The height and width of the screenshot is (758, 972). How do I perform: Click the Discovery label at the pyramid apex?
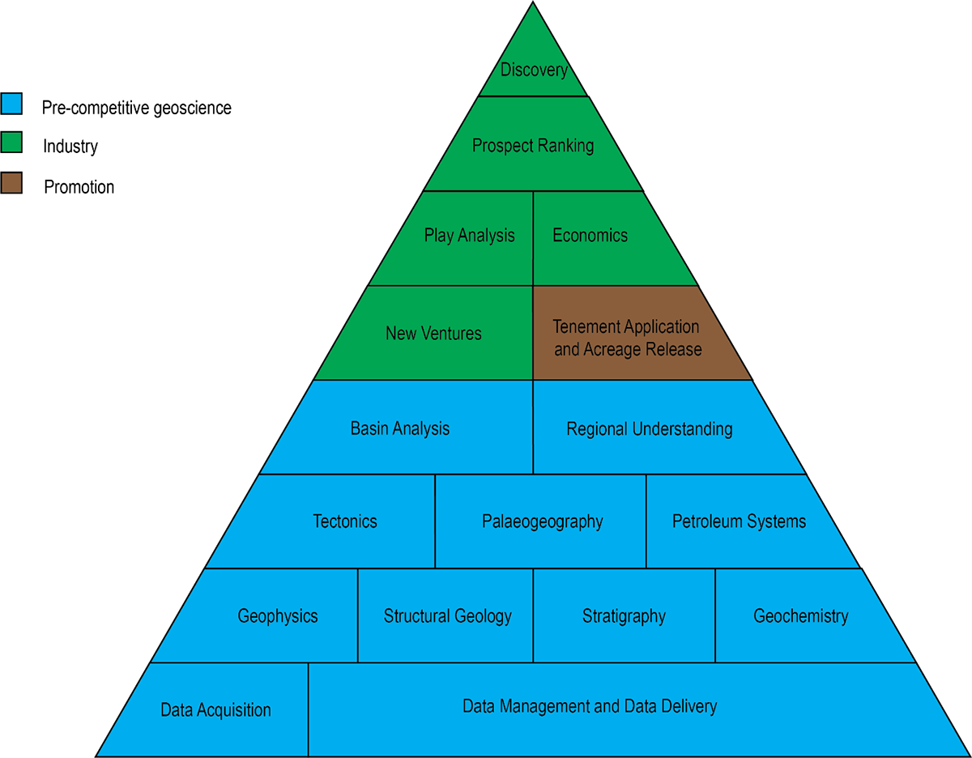(x=534, y=70)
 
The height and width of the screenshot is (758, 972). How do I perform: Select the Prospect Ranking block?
(x=533, y=146)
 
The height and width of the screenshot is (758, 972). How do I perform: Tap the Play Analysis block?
(x=469, y=236)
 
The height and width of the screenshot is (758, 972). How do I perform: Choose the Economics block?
(x=590, y=236)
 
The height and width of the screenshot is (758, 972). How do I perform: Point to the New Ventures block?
(x=433, y=333)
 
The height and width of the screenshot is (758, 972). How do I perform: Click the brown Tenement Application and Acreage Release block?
(x=627, y=338)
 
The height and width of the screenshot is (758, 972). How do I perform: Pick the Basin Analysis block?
(x=400, y=428)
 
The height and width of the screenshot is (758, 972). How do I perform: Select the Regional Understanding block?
(x=650, y=429)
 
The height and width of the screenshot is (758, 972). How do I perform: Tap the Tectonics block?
(x=345, y=522)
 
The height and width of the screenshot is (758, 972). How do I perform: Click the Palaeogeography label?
(x=542, y=522)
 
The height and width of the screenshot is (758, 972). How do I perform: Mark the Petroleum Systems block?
(x=739, y=522)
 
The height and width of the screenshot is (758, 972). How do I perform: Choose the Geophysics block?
(x=278, y=616)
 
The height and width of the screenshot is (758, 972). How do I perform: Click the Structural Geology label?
(x=447, y=616)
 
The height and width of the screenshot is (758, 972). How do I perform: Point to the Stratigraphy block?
(x=624, y=616)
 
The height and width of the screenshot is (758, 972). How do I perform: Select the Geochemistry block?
(x=801, y=616)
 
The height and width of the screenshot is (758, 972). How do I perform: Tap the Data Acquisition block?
(x=215, y=710)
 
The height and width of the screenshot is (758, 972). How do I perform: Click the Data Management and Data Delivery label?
(x=590, y=706)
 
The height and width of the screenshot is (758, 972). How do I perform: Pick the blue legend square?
(x=11, y=104)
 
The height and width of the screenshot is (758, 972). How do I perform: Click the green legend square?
(x=11, y=143)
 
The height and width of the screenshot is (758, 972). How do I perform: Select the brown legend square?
(x=11, y=183)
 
